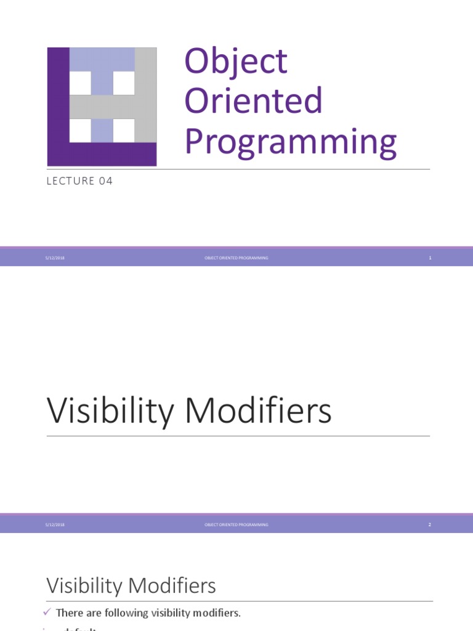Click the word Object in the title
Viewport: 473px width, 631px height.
point(235,62)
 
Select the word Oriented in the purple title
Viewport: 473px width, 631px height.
point(253,101)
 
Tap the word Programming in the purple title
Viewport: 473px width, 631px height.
point(290,141)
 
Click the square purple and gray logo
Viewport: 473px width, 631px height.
point(102,107)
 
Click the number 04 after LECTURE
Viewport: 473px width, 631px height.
point(105,181)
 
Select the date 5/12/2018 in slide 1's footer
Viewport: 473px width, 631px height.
point(55,258)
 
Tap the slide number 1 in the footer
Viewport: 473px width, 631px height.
point(430,258)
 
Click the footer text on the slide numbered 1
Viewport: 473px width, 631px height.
point(236,258)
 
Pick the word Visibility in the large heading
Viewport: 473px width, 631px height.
point(110,411)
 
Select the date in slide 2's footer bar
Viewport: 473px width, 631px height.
point(55,524)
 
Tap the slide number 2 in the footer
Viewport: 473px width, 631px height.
point(430,524)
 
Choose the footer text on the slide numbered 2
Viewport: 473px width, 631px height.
point(236,524)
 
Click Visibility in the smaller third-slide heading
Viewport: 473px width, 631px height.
point(85,585)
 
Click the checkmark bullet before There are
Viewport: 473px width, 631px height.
point(47,612)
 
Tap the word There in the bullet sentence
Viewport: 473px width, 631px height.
point(68,613)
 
